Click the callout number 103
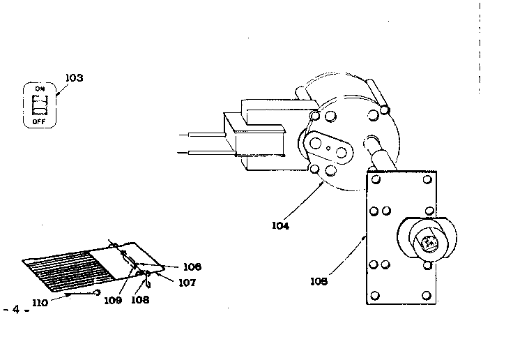click(x=73, y=77)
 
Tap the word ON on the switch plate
click(x=40, y=89)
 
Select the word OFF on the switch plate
click(x=39, y=121)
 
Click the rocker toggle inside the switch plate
click(x=39, y=105)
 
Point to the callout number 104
click(x=281, y=225)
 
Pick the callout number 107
click(x=186, y=283)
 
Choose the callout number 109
click(x=114, y=300)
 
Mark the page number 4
click(x=15, y=309)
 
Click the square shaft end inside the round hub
click(x=427, y=243)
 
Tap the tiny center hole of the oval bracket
click(x=328, y=146)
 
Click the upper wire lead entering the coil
click(x=202, y=133)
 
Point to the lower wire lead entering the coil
click(x=202, y=151)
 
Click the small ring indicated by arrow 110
click(x=99, y=292)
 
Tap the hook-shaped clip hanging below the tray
click(x=148, y=283)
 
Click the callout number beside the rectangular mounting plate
click(x=320, y=281)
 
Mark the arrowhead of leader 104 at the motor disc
click(x=323, y=183)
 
